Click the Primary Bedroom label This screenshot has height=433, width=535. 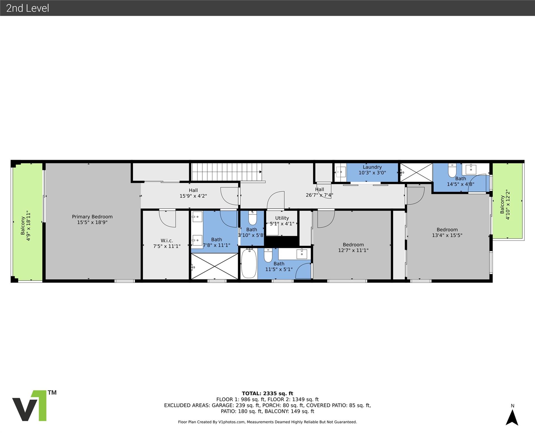click(x=92, y=216)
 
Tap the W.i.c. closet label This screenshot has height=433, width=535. click(x=167, y=240)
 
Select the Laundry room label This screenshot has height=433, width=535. click(x=372, y=167)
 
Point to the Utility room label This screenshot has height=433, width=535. click(x=282, y=218)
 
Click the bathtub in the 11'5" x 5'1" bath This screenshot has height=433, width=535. click(x=249, y=263)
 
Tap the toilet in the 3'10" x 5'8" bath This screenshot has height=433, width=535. click(x=252, y=218)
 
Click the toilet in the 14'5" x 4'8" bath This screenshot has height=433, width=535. click(x=452, y=170)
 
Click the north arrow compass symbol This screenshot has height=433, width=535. click(x=512, y=417)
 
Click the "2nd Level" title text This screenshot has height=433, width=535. click(x=28, y=8)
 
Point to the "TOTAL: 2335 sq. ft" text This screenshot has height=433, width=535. click(x=267, y=393)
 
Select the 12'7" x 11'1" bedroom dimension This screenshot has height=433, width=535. click(x=353, y=250)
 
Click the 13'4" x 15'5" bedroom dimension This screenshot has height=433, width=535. click(x=447, y=235)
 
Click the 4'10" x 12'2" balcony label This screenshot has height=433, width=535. click(x=505, y=205)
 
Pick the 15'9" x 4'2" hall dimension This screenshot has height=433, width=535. click(x=193, y=196)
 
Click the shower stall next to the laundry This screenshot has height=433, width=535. click(x=416, y=173)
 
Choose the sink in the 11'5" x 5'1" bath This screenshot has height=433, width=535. click(x=302, y=254)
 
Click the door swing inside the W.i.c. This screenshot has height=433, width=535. click(x=167, y=218)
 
